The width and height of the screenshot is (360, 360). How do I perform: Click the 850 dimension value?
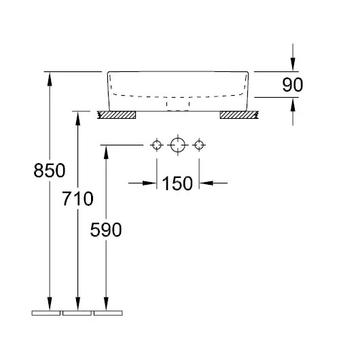pyautogui.click(x=50, y=170)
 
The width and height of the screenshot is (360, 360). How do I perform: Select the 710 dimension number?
pyautogui.click(x=77, y=198)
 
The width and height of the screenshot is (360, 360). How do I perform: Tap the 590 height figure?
pyautogui.click(x=106, y=230)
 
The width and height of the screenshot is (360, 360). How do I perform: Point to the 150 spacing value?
pyautogui.click(x=177, y=183)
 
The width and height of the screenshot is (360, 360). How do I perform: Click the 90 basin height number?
pyautogui.click(x=293, y=85)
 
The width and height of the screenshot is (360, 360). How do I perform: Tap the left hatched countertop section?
pyautogui.click(x=116, y=115)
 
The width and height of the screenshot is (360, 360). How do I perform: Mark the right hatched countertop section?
pyautogui.click(x=239, y=115)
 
